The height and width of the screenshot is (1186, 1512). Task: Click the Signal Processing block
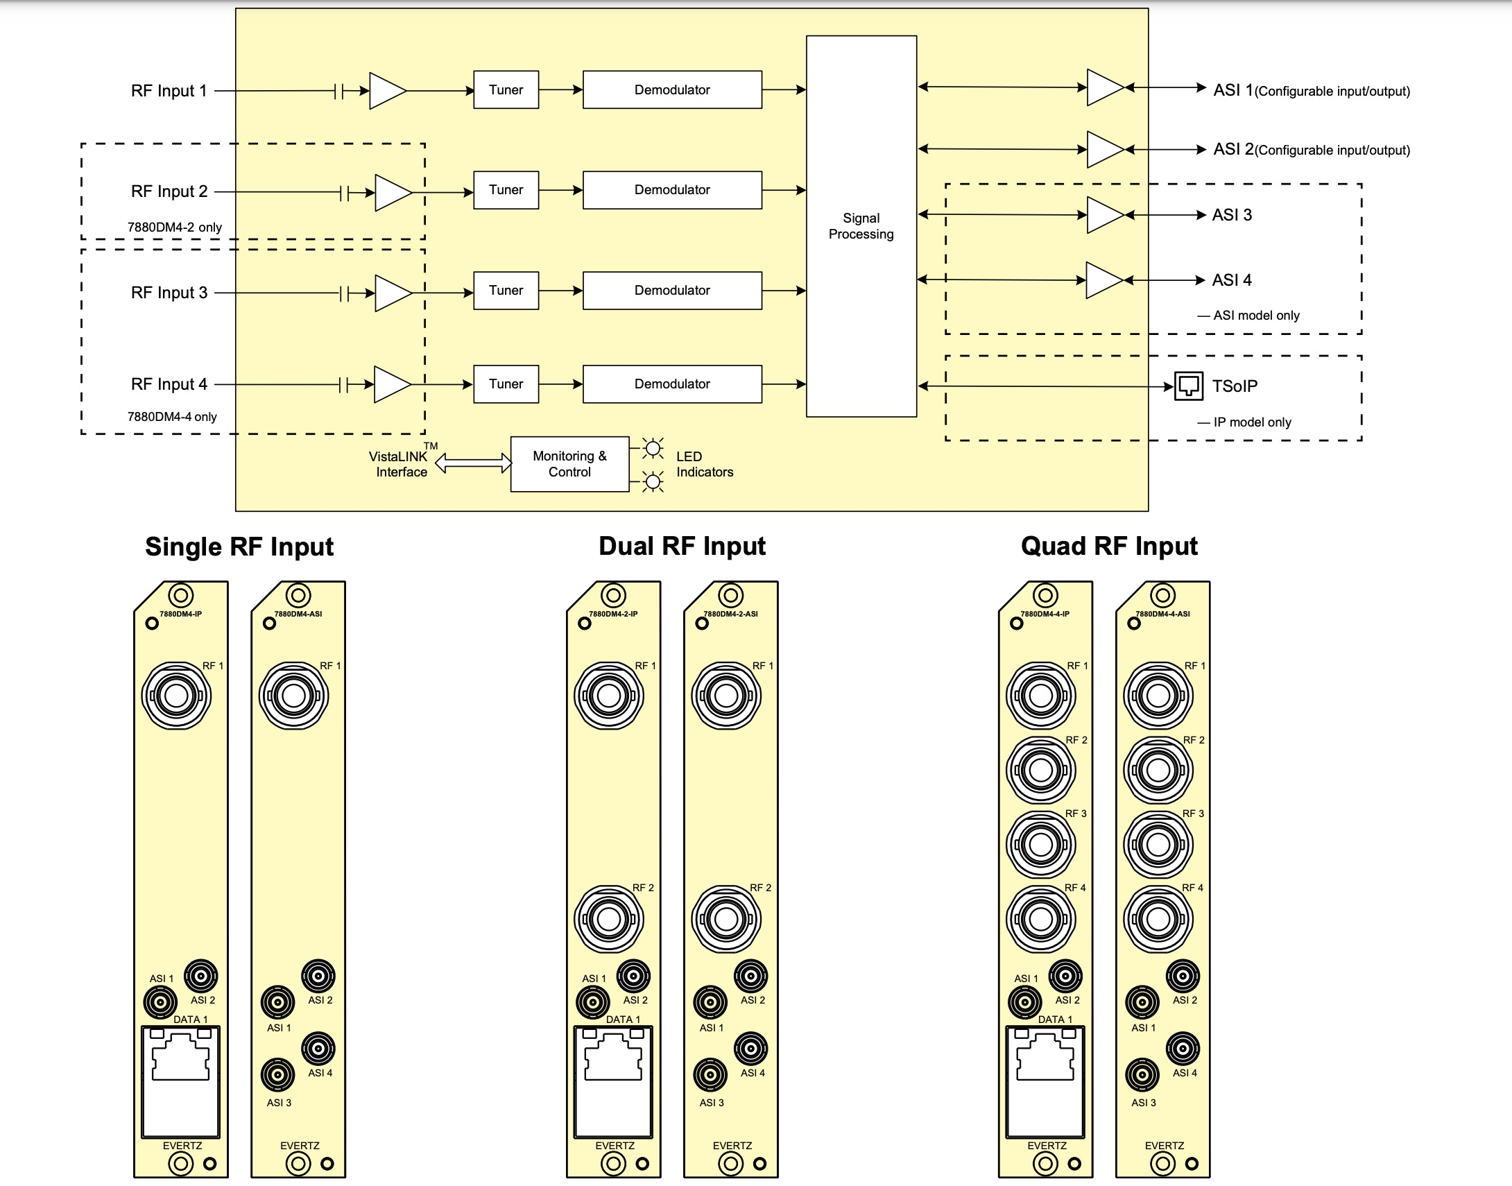coord(861,225)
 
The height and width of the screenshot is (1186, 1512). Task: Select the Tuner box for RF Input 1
coord(506,89)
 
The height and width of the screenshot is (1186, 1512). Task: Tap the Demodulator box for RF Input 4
coord(671,384)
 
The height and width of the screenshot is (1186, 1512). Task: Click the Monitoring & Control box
coord(569,464)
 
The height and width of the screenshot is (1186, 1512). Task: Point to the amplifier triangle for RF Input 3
coord(393,293)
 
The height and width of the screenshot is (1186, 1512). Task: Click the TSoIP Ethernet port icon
coord(1189,386)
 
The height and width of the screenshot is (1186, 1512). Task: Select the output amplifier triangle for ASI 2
coord(1103,149)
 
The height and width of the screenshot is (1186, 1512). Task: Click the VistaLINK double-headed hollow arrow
coord(473,463)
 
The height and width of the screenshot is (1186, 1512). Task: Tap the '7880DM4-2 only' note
coord(174,227)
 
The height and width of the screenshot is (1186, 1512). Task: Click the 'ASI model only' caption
coord(1256,316)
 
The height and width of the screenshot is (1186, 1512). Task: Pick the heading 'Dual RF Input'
coord(682,547)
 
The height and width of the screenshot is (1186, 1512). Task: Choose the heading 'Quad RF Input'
coord(1108,547)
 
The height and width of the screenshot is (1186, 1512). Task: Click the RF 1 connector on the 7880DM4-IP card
coord(176,696)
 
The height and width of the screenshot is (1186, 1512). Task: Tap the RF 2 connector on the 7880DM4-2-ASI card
coord(726,920)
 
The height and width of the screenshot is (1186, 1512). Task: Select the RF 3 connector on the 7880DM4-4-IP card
coord(1040,844)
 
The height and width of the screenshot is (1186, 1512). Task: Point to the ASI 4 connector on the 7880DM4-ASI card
coord(318,1049)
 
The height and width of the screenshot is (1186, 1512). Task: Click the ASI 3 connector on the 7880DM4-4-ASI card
coord(1142,1075)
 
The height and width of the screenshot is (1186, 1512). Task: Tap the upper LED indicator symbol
coord(653,449)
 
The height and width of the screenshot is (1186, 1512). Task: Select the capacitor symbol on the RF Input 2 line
coord(344,192)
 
